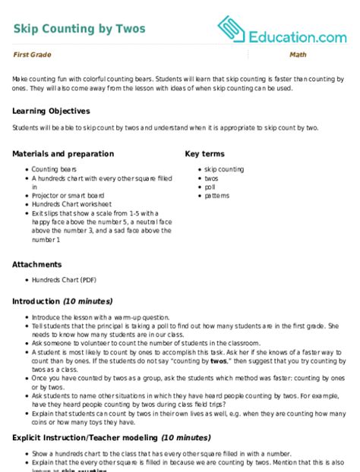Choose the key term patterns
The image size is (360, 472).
tap(216, 195)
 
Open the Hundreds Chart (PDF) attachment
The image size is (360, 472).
tap(68, 279)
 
